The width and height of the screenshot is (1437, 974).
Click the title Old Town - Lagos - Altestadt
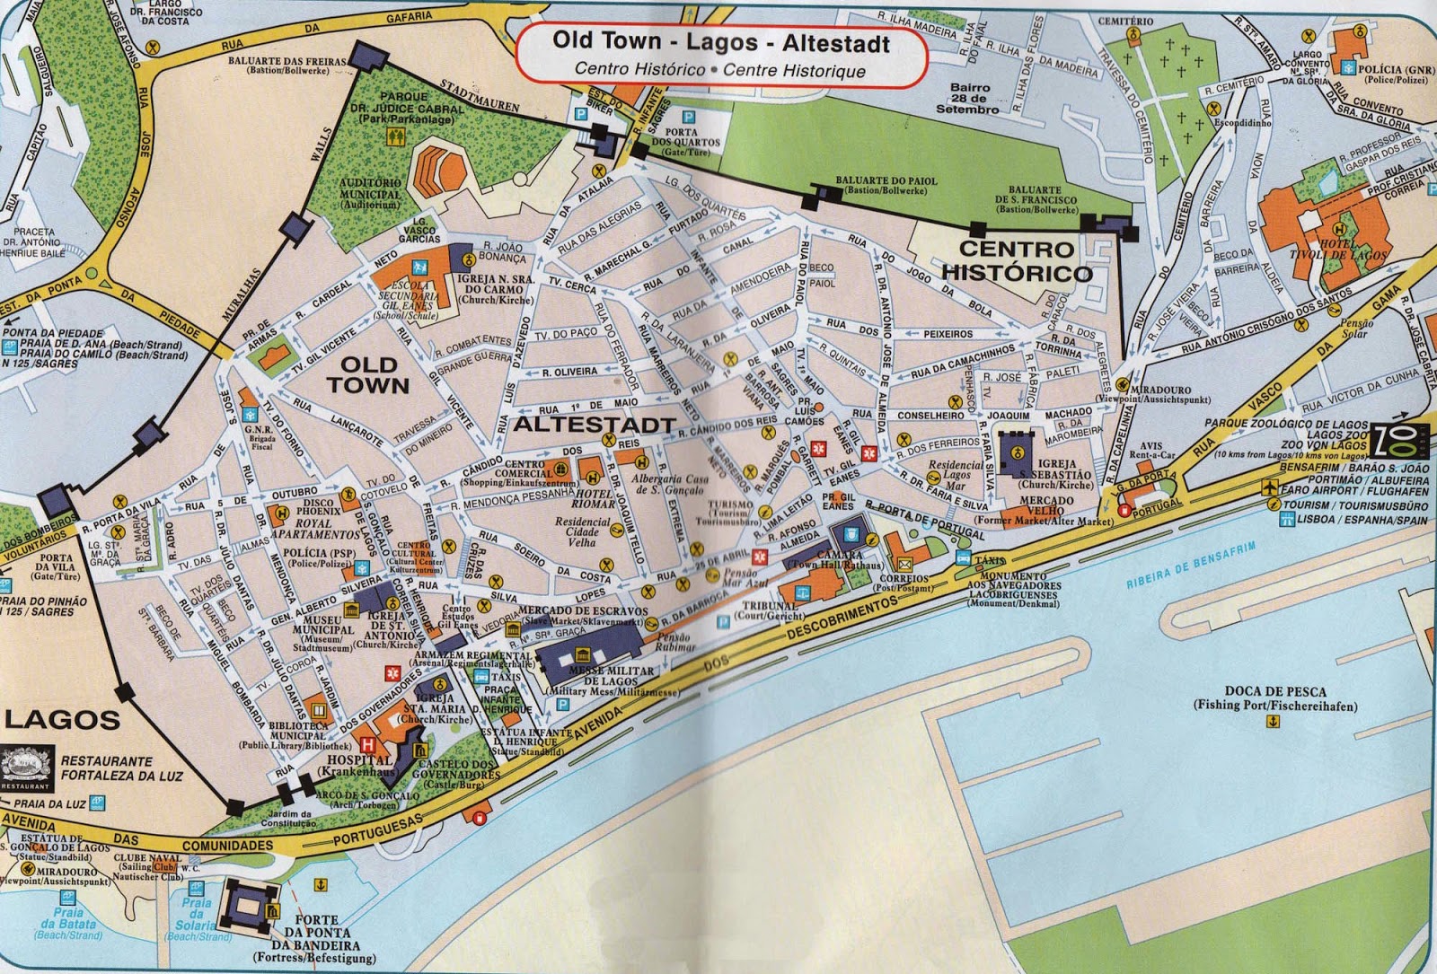tap(720, 42)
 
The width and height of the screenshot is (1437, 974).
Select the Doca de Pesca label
tap(1274, 698)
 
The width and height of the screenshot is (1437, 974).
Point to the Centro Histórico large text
tap(1017, 260)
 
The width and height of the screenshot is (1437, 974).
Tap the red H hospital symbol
tap(366, 744)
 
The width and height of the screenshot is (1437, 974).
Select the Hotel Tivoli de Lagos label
tap(1351, 250)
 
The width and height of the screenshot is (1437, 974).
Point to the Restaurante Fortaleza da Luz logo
tap(27, 768)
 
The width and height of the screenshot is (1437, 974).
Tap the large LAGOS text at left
tap(63, 719)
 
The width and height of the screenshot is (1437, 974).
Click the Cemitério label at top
tap(1125, 21)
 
